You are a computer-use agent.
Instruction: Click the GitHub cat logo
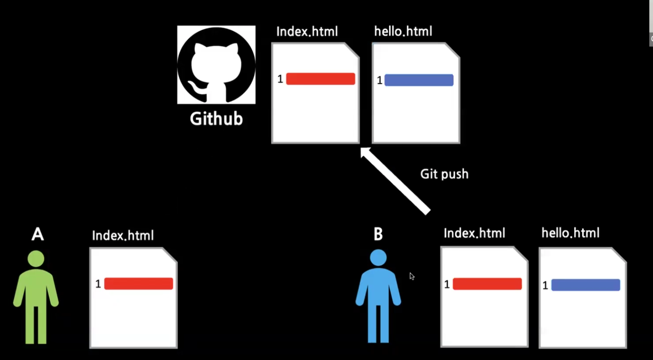click(x=216, y=64)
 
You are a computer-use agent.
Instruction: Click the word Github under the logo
click(x=216, y=119)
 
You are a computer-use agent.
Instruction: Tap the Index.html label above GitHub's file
click(x=307, y=32)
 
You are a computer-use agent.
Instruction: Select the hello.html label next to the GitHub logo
click(x=403, y=31)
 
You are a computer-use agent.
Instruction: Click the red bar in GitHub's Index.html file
click(x=320, y=79)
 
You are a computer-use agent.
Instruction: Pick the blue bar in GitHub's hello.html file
click(x=419, y=80)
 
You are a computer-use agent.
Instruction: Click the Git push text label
click(x=444, y=174)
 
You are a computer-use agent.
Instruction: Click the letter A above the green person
click(x=37, y=234)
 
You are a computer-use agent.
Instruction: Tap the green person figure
click(x=36, y=297)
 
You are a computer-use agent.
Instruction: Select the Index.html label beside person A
click(x=123, y=235)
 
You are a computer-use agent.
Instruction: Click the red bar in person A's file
click(x=138, y=284)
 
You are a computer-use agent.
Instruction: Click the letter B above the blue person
click(x=378, y=234)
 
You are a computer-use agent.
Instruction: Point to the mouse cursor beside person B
click(x=412, y=276)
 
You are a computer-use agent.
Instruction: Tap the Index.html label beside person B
click(x=474, y=233)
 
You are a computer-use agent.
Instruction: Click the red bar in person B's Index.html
click(x=487, y=284)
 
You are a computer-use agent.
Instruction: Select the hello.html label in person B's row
click(x=570, y=233)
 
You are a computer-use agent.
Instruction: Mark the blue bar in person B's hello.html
click(x=585, y=285)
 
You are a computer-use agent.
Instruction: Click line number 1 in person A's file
click(x=98, y=284)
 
